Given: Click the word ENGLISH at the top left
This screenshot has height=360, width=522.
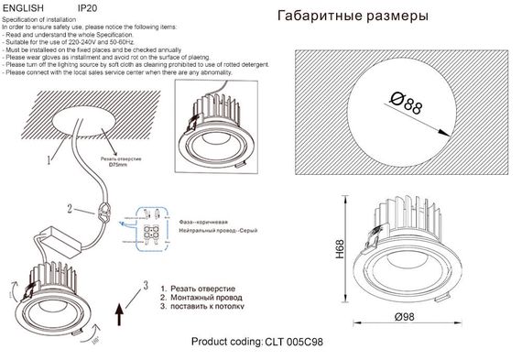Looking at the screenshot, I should point(23,7).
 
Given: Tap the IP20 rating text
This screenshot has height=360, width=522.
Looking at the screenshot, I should point(88,7).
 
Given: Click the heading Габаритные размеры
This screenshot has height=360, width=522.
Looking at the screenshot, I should point(352,16).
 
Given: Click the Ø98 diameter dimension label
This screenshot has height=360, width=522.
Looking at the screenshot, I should point(407,317).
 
